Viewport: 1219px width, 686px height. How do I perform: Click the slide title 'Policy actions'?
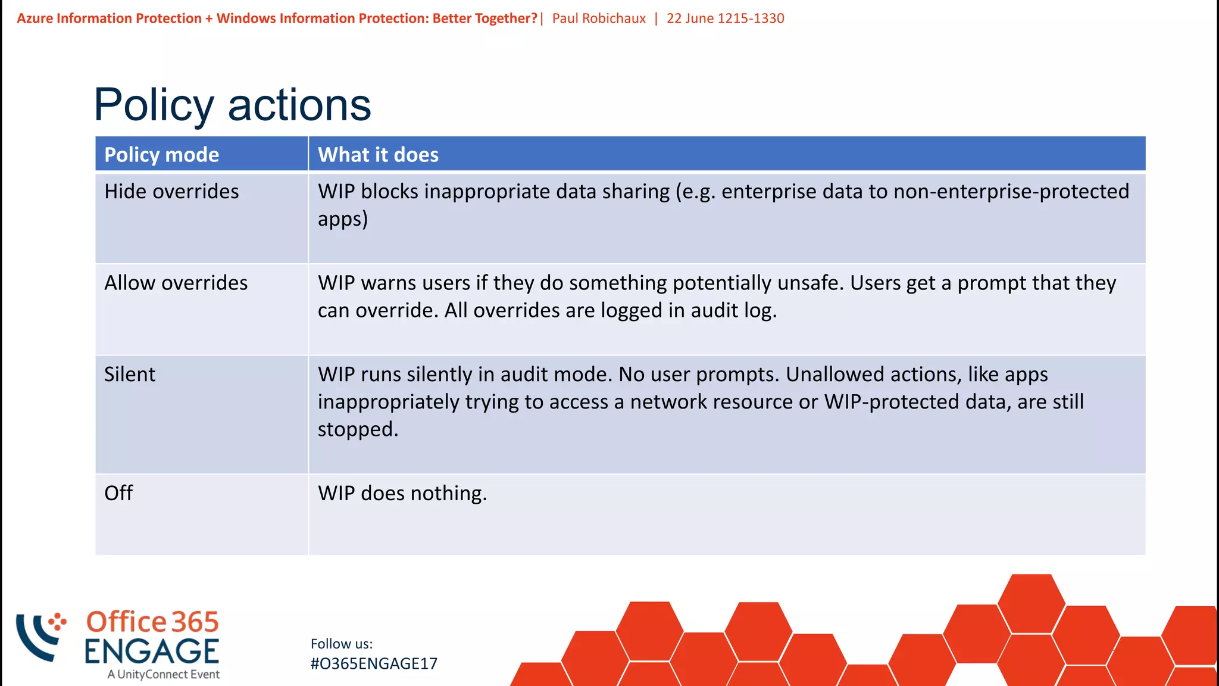pos(232,105)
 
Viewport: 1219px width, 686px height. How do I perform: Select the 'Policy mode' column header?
pos(161,155)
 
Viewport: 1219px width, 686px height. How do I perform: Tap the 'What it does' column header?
pos(378,155)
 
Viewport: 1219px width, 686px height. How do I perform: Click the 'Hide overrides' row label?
pos(171,192)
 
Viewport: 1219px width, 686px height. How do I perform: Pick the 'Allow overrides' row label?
pos(176,283)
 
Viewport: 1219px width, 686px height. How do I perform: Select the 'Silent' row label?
pos(130,375)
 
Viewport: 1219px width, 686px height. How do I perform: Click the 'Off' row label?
pos(118,493)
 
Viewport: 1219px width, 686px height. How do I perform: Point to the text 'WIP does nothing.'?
pos(402,494)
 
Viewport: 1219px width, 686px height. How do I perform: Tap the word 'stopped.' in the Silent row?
pos(358,429)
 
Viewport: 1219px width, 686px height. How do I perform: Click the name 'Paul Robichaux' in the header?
pos(599,18)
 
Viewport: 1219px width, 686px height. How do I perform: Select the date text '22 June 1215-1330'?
pos(725,18)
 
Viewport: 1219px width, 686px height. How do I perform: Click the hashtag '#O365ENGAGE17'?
pos(374,664)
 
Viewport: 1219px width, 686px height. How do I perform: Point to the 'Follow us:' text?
pos(342,644)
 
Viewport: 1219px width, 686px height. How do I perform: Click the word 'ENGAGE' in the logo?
pos(152,651)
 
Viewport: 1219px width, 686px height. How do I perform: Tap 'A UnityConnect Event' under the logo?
pos(164,675)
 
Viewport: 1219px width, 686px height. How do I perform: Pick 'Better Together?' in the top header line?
pos(485,18)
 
